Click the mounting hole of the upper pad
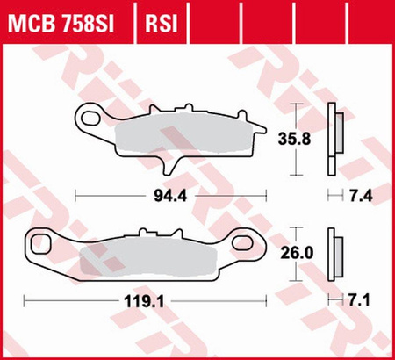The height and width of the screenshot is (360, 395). tap(89, 114)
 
